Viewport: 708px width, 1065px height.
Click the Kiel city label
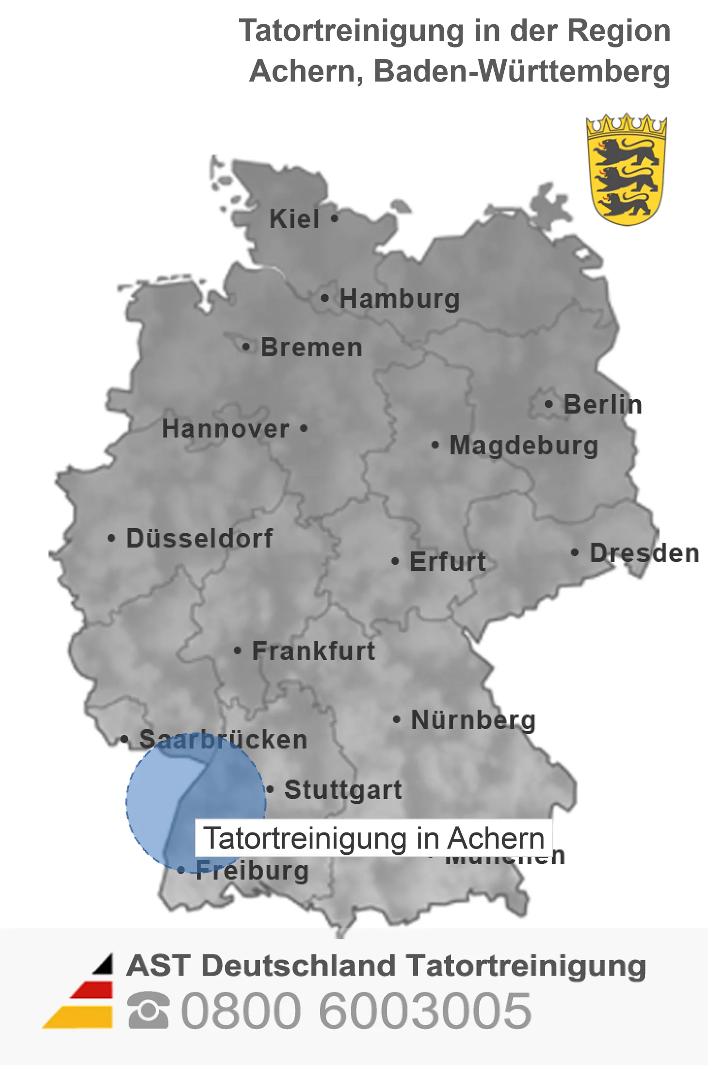[294, 219]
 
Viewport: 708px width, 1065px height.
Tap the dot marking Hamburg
[324, 298]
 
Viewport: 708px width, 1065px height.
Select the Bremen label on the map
[311, 348]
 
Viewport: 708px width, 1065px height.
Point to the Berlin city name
[603, 404]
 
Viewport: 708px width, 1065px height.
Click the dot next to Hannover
[304, 429]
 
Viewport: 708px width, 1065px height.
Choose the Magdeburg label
[524, 445]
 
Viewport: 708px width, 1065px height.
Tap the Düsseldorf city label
[199, 538]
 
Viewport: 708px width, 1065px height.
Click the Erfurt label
[448, 562]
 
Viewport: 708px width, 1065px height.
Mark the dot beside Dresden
[575, 552]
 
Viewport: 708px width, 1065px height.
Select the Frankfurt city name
[314, 651]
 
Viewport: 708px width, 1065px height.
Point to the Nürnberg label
[473, 720]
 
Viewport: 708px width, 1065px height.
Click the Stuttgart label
[343, 790]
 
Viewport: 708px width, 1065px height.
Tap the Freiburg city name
[252, 870]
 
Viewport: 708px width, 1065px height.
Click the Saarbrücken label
[223, 740]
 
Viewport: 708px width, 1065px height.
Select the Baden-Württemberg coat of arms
[626, 170]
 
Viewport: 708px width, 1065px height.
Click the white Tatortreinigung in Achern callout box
[373, 838]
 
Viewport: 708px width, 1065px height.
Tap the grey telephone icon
[148, 1011]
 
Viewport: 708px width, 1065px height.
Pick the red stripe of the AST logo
[92, 990]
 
